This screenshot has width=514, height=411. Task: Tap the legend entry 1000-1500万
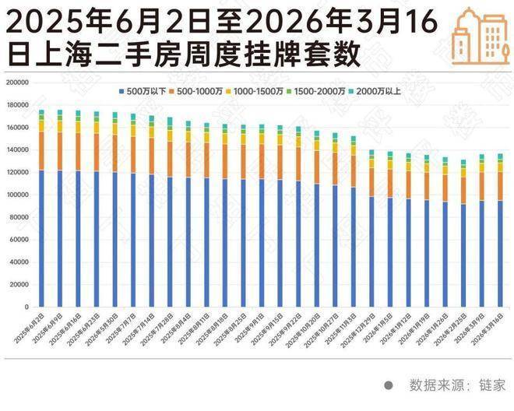257,91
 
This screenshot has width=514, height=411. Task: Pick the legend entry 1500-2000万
318,91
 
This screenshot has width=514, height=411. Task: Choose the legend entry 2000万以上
375,91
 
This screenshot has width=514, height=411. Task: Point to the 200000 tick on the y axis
17,82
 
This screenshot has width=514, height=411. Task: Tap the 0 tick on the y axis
26,307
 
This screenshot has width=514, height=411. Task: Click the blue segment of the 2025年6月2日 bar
41,238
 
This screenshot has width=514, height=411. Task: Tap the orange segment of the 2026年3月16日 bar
500,186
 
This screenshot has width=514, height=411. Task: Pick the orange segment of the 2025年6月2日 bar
41,150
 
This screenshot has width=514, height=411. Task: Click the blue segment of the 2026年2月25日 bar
463,255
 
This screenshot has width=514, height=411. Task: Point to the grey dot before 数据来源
388,385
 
